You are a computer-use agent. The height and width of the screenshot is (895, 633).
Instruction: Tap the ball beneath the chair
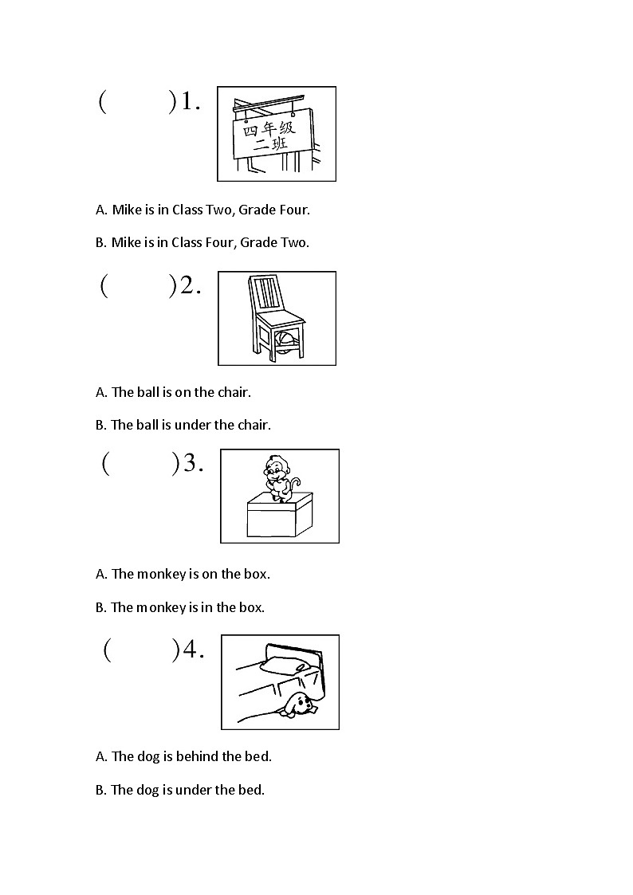pyautogui.click(x=285, y=342)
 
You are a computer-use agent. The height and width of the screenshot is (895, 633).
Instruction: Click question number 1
pyautogui.click(x=189, y=102)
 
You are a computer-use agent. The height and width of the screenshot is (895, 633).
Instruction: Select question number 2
pyautogui.click(x=190, y=286)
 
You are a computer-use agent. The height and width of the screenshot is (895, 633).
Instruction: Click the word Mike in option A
pyautogui.click(x=126, y=210)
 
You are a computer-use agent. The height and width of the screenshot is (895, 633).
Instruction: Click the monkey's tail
pyautogui.click(x=295, y=483)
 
